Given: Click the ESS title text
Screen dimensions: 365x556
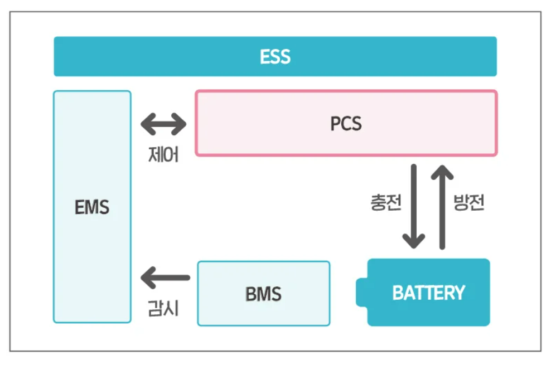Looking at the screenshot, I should (275, 57).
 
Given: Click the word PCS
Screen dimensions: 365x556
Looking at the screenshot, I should (346, 124).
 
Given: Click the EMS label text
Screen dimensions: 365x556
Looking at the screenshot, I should (92, 208).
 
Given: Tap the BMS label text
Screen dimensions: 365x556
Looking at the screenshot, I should (263, 294).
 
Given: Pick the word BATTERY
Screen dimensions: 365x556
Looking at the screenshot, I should (428, 293).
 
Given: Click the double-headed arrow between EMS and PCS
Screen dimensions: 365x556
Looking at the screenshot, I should (163, 124).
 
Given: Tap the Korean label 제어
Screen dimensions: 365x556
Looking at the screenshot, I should (163, 154).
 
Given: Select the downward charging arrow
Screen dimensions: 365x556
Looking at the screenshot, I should (414, 206).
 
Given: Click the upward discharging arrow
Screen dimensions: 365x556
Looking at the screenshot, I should (443, 206).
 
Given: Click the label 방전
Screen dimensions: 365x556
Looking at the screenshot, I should (469, 203).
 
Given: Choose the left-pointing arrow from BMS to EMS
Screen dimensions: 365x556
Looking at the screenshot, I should (165, 277).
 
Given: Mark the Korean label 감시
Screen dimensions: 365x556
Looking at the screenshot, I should (163, 308).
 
